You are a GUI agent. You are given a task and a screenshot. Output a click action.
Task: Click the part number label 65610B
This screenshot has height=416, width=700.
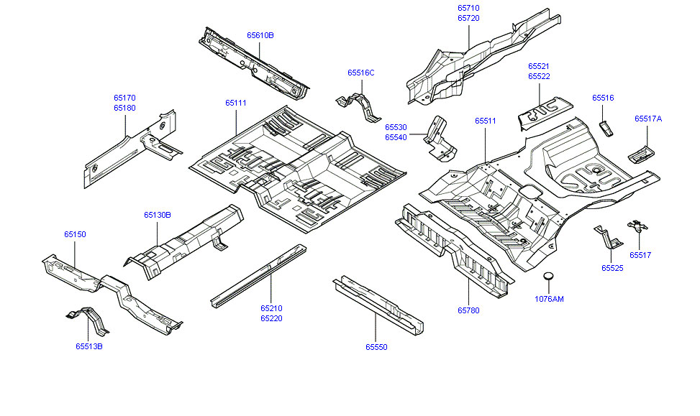click(260, 35)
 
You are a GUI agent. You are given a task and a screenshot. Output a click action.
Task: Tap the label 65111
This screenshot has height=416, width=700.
click(236, 103)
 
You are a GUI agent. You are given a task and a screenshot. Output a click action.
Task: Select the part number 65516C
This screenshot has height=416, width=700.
click(361, 73)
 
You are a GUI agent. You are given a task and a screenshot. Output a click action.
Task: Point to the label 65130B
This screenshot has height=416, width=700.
click(157, 215)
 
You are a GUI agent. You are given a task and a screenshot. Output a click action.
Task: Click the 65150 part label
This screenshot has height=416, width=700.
click(75, 234)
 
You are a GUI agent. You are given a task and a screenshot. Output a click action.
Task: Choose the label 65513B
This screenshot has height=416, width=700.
click(89, 346)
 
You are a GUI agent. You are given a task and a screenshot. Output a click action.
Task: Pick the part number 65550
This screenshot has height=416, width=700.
click(376, 347)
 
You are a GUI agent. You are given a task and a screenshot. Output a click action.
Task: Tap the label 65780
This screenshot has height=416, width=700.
click(468, 311)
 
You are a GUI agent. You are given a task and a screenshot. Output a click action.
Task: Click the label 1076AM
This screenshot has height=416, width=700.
click(550, 299)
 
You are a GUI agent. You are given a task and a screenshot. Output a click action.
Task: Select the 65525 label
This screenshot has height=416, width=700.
click(613, 268)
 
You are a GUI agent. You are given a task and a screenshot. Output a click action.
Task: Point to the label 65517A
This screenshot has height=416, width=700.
click(648, 119)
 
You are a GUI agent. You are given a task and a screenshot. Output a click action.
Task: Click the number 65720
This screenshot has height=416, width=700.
click(468, 19)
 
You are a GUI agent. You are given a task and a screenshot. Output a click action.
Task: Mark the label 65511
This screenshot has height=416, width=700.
click(486, 121)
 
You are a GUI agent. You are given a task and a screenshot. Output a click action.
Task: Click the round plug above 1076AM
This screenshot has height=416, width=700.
click(548, 277)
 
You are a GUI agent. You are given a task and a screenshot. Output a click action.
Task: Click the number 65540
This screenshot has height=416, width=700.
click(396, 137)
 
